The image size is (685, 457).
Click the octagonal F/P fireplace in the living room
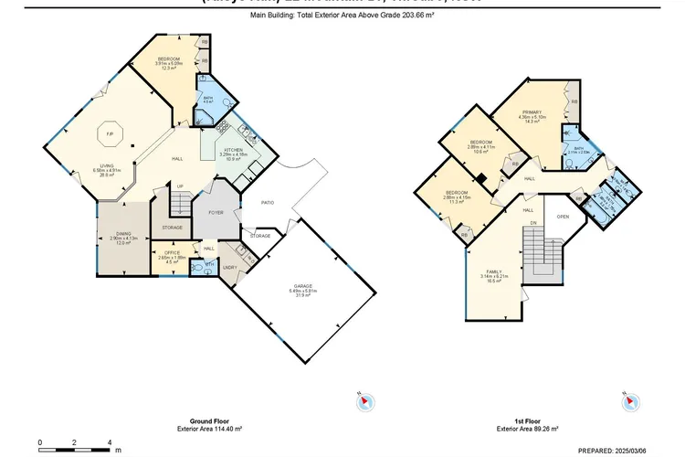pos(109,135)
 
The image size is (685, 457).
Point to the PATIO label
pos(269,203)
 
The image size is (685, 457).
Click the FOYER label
pos(216,212)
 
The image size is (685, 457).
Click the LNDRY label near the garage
pos(230,267)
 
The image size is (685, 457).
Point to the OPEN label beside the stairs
pos(564,217)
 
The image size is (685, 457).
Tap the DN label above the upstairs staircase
pos(532,222)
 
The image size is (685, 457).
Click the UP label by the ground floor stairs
pos(180,186)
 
